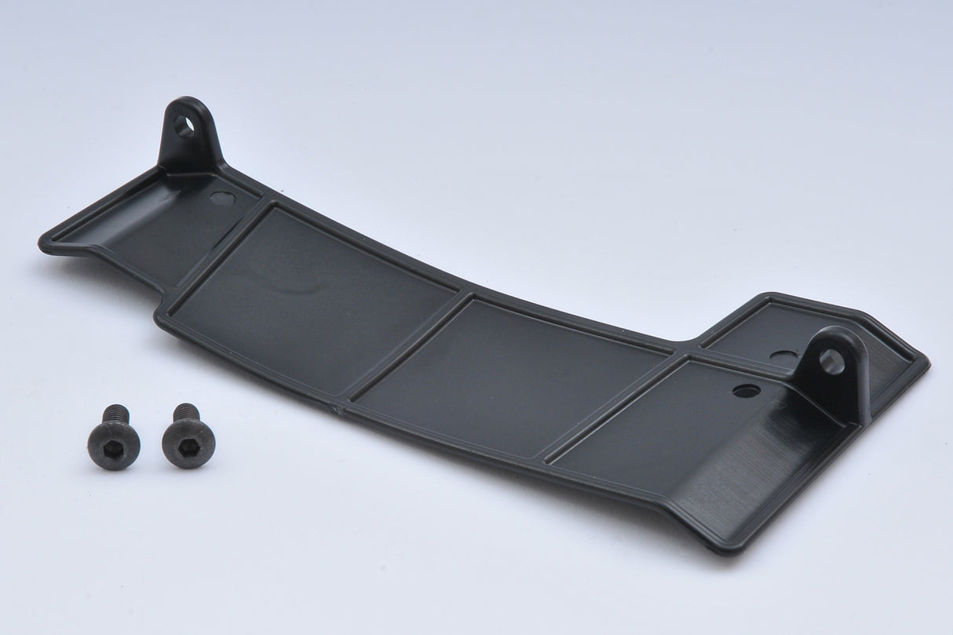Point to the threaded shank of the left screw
(116, 414)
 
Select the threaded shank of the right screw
(186, 412)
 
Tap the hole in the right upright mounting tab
(832, 361)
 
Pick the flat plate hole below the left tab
(222, 199)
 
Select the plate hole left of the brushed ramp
(746, 390)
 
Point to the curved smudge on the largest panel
(283, 286)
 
